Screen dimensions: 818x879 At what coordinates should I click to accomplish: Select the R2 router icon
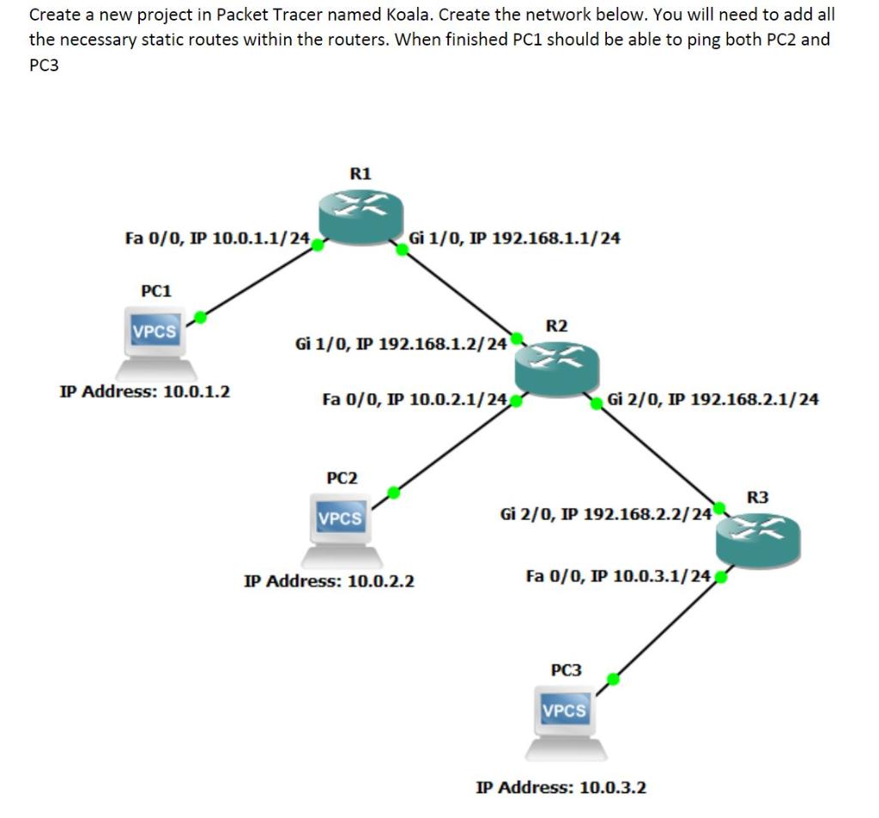pyautogui.click(x=555, y=364)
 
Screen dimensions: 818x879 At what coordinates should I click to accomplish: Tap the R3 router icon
pyautogui.click(x=757, y=536)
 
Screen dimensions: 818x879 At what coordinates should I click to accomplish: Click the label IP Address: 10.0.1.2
pyautogui.click(x=145, y=393)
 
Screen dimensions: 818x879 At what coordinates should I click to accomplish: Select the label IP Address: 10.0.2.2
pyautogui.click(x=330, y=581)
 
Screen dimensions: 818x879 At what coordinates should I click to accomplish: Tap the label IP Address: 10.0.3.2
pyautogui.click(x=561, y=787)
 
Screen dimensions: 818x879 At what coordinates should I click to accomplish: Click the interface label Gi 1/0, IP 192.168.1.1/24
pyautogui.click(x=514, y=238)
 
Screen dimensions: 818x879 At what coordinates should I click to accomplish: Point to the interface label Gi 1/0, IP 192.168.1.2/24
pyautogui.click(x=400, y=344)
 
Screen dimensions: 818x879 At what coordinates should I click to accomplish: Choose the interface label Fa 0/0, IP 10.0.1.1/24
pyautogui.click(x=217, y=238)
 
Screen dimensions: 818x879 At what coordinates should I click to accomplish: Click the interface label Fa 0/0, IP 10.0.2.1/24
pyautogui.click(x=414, y=399)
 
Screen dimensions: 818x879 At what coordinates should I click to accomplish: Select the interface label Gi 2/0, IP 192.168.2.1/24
pyautogui.click(x=712, y=399)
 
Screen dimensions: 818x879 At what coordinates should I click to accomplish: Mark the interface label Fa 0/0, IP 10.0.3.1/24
pyautogui.click(x=617, y=576)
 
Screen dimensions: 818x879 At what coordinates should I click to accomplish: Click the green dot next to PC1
pyautogui.click(x=200, y=317)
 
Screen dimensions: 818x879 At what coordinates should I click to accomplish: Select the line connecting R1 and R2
pyautogui.click(x=459, y=292)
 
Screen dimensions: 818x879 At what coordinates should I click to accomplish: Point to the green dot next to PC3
pyautogui.click(x=613, y=679)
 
